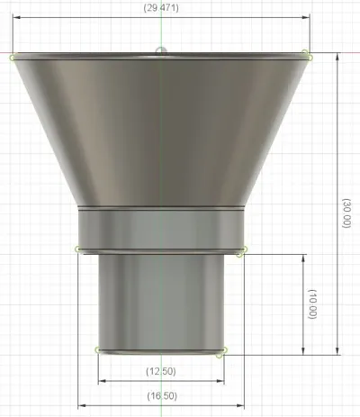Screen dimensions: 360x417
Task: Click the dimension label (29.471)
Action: pyautogui.click(x=161, y=8)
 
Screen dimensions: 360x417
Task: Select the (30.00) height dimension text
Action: pyautogui.click(x=346, y=213)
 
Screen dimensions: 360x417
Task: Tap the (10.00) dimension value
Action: pyautogui.click(x=312, y=304)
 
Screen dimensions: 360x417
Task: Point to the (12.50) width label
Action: pyautogui.click(x=161, y=371)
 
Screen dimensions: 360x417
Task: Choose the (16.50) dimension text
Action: pyautogui.click(x=162, y=396)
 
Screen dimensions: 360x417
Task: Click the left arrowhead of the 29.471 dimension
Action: pyautogui.click(x=17, y=17)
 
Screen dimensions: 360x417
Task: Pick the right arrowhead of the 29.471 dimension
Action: pyautogui.click(x=306, y=17)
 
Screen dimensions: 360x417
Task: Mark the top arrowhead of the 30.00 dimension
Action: pyautogui.click(x=337, y=57)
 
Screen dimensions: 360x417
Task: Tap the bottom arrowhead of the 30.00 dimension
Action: pyautogui.click(x=337, y=351)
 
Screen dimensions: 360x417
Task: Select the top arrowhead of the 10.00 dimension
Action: pyautogui.click(x=303, y=258)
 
